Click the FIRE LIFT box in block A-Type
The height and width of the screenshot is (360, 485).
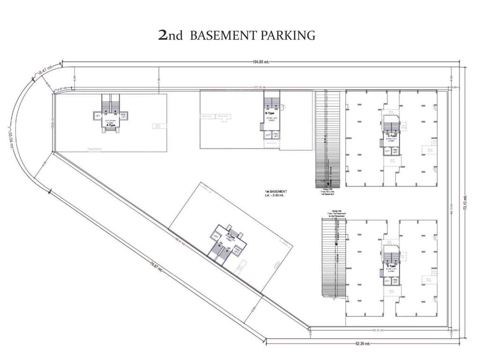tap(123, 115)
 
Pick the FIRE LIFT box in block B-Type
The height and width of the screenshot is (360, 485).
tap(276, 135)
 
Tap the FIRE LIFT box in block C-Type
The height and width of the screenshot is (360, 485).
tap(395, 151)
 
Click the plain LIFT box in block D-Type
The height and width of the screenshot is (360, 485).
tap(388, 281)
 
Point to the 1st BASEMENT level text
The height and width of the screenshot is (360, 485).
tap(276, 193)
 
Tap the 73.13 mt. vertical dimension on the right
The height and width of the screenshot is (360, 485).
tap(465, 202)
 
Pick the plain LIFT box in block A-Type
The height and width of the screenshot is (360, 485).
tap(98, 115)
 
